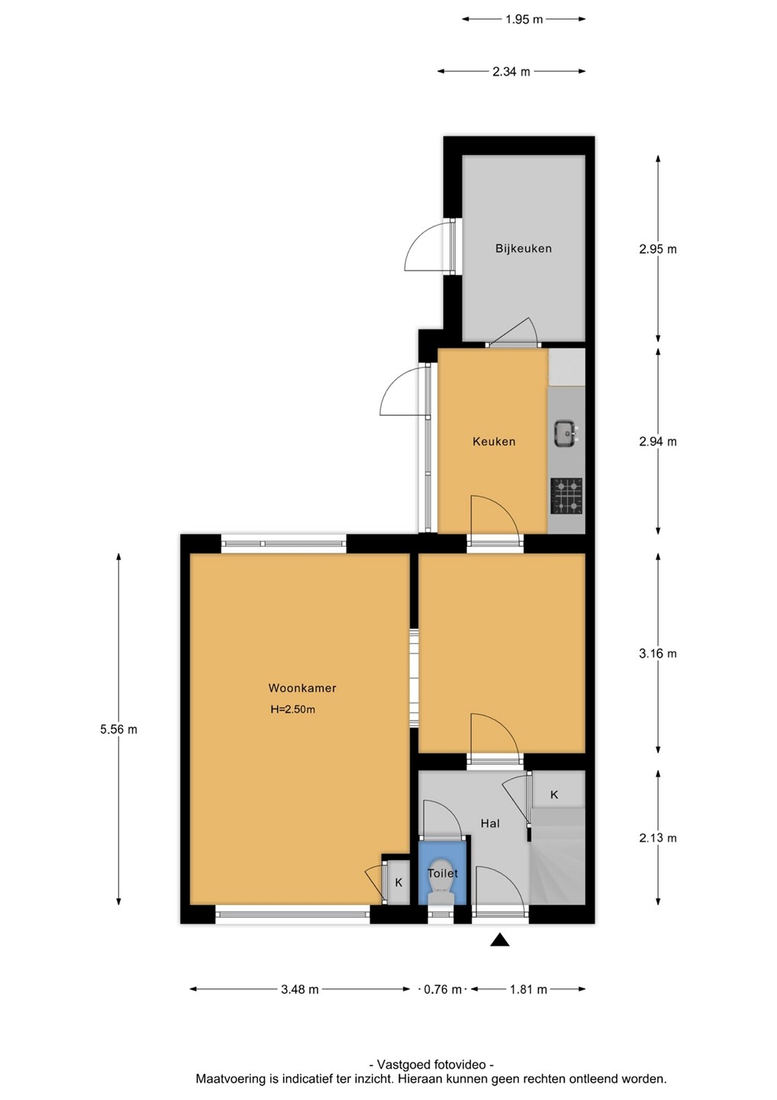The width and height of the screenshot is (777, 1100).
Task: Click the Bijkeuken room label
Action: point(524,248)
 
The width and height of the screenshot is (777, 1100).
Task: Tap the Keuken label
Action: point(494,442)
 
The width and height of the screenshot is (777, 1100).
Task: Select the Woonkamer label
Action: point(302,688)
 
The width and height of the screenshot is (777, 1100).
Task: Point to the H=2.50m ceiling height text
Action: point(293,709)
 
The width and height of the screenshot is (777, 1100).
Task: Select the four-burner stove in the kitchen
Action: point(567,496)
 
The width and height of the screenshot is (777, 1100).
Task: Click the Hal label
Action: point(490,823)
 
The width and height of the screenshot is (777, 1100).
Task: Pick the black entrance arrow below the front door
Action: point(499,939)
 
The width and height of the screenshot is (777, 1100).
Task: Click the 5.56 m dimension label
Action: point(119,730)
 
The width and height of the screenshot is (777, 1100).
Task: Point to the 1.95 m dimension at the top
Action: point(524,19)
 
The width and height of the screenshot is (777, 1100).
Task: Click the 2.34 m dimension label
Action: point(511,72)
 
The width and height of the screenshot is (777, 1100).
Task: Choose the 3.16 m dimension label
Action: point(658,653)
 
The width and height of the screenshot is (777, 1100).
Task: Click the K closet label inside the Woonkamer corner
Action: point(398,882)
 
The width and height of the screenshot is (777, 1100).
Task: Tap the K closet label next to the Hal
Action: point(554,794)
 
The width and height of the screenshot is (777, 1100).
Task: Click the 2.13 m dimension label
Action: point(658,837)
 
